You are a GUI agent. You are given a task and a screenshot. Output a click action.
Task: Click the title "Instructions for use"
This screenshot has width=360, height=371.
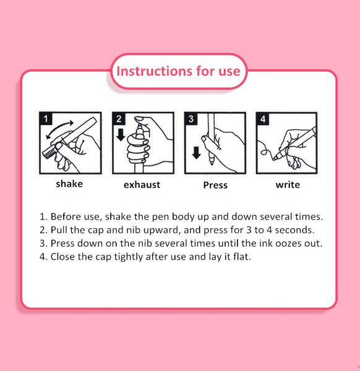pos(178,71)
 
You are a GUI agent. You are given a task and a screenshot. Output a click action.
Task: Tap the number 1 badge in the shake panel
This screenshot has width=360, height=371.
pos(46,118)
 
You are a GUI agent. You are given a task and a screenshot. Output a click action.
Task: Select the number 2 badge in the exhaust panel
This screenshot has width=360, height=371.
pos(119,118)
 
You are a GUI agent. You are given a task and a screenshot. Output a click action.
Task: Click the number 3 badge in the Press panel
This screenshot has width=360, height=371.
pos(191,118)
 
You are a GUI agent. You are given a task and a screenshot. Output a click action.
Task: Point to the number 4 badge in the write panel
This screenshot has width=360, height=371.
pos(263,118)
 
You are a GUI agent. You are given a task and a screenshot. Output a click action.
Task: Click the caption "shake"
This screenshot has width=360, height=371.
pos(69,184)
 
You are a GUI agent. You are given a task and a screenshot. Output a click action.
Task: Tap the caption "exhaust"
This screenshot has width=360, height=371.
pos(142,184)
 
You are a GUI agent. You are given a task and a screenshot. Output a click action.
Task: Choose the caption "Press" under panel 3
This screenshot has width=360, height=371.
pos(215,185)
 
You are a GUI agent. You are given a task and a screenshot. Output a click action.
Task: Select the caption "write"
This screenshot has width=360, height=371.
pos(288,184)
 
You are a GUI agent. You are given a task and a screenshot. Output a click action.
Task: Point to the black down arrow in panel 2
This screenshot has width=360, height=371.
pos(121,135)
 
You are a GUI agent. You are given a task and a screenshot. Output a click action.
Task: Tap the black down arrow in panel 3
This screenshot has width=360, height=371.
pos(196,153)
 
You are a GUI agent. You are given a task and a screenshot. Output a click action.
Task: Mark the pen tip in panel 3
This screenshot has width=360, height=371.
pos(212,163)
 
